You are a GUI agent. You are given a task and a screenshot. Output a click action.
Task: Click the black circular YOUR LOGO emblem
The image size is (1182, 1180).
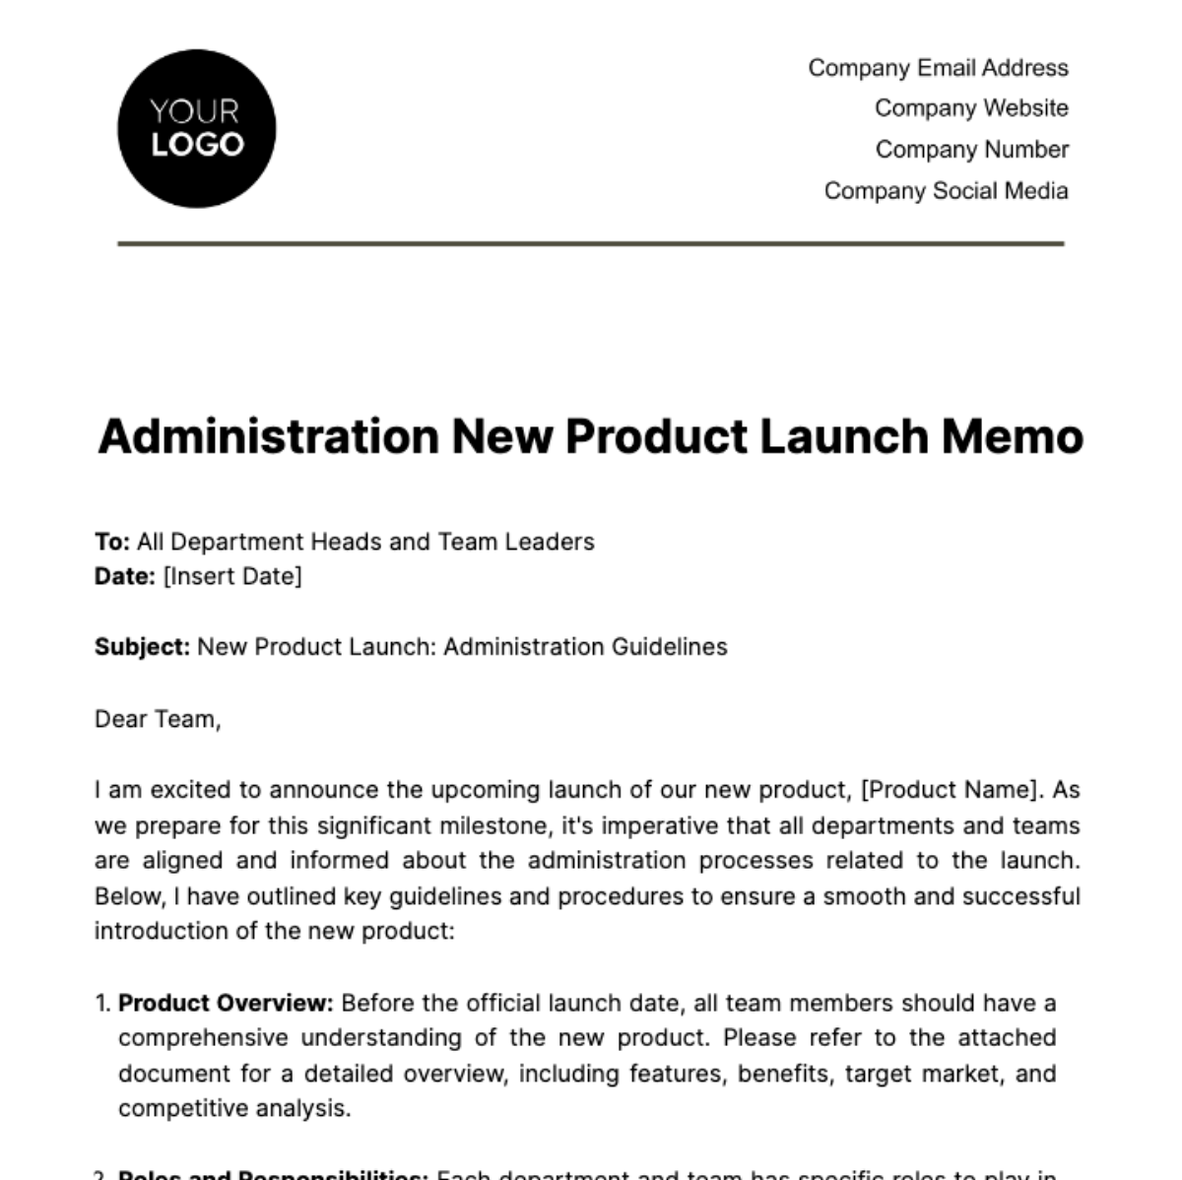tap(196, 129)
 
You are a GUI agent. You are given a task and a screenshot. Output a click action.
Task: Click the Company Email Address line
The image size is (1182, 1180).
tap(938, 68)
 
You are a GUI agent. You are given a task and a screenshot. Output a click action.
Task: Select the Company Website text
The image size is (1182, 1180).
tap(971, 108)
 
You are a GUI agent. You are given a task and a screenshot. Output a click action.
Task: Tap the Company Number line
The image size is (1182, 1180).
tap(971, 150)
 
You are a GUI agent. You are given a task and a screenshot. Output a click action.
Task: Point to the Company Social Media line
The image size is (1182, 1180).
tap(946, 191)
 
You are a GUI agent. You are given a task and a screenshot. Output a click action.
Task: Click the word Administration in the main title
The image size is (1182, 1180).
tap(268, 436)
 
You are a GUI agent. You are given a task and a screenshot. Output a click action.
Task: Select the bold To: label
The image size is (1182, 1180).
tap(112, 542)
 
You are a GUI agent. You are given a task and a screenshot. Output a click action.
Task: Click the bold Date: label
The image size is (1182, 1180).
tap(125, 576)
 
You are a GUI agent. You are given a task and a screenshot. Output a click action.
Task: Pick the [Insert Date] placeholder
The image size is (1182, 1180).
tap(232, 576)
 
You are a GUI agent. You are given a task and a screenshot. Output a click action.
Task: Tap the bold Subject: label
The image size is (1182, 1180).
tap(142, 647)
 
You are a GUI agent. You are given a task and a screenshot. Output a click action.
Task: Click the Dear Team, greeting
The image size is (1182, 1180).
tap(158, 719)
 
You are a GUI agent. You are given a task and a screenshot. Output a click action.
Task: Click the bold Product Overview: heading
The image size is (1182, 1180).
tap(226, 1004)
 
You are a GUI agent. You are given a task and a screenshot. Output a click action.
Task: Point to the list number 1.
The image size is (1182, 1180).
tap(102, 1004)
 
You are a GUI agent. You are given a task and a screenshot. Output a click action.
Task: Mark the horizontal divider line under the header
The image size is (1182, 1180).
tap(591, 243)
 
